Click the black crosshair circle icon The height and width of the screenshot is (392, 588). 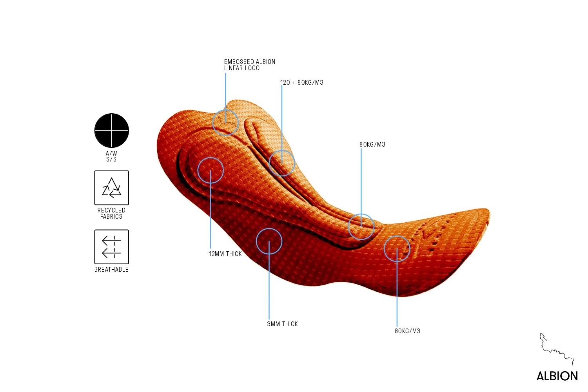point(112,131)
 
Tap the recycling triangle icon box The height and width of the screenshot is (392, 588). point(112,188)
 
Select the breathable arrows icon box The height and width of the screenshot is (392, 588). point(112,247)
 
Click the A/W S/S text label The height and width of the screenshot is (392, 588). point(112,156)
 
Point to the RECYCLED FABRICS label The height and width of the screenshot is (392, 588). point(112,214)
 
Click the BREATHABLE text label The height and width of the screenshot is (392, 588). point(112,270)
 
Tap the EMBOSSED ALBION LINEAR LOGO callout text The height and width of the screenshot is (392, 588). point(250,65)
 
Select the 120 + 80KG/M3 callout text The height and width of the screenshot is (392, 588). point(302,82)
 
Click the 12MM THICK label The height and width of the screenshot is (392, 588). point(225,254)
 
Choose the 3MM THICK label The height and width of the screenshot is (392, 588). point(283,324)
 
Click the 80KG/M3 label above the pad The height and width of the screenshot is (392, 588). point(372,144)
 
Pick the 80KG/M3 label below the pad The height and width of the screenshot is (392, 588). point(407,331)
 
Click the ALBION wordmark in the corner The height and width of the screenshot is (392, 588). point(557,376)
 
